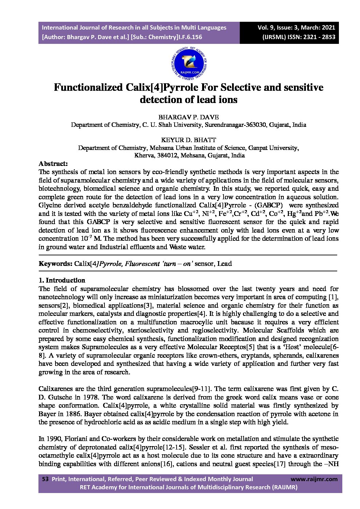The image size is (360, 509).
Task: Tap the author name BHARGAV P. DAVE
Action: [x=189, y=117]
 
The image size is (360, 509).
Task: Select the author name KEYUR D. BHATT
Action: [x=189, y=140]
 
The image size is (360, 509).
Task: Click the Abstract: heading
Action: [x=53, y=164]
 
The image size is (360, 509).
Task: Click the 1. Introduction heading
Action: [x=62, y=280]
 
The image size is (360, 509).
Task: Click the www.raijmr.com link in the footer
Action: [x=314, y=479]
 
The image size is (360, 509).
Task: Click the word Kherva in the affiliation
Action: [x=144, y=155]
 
